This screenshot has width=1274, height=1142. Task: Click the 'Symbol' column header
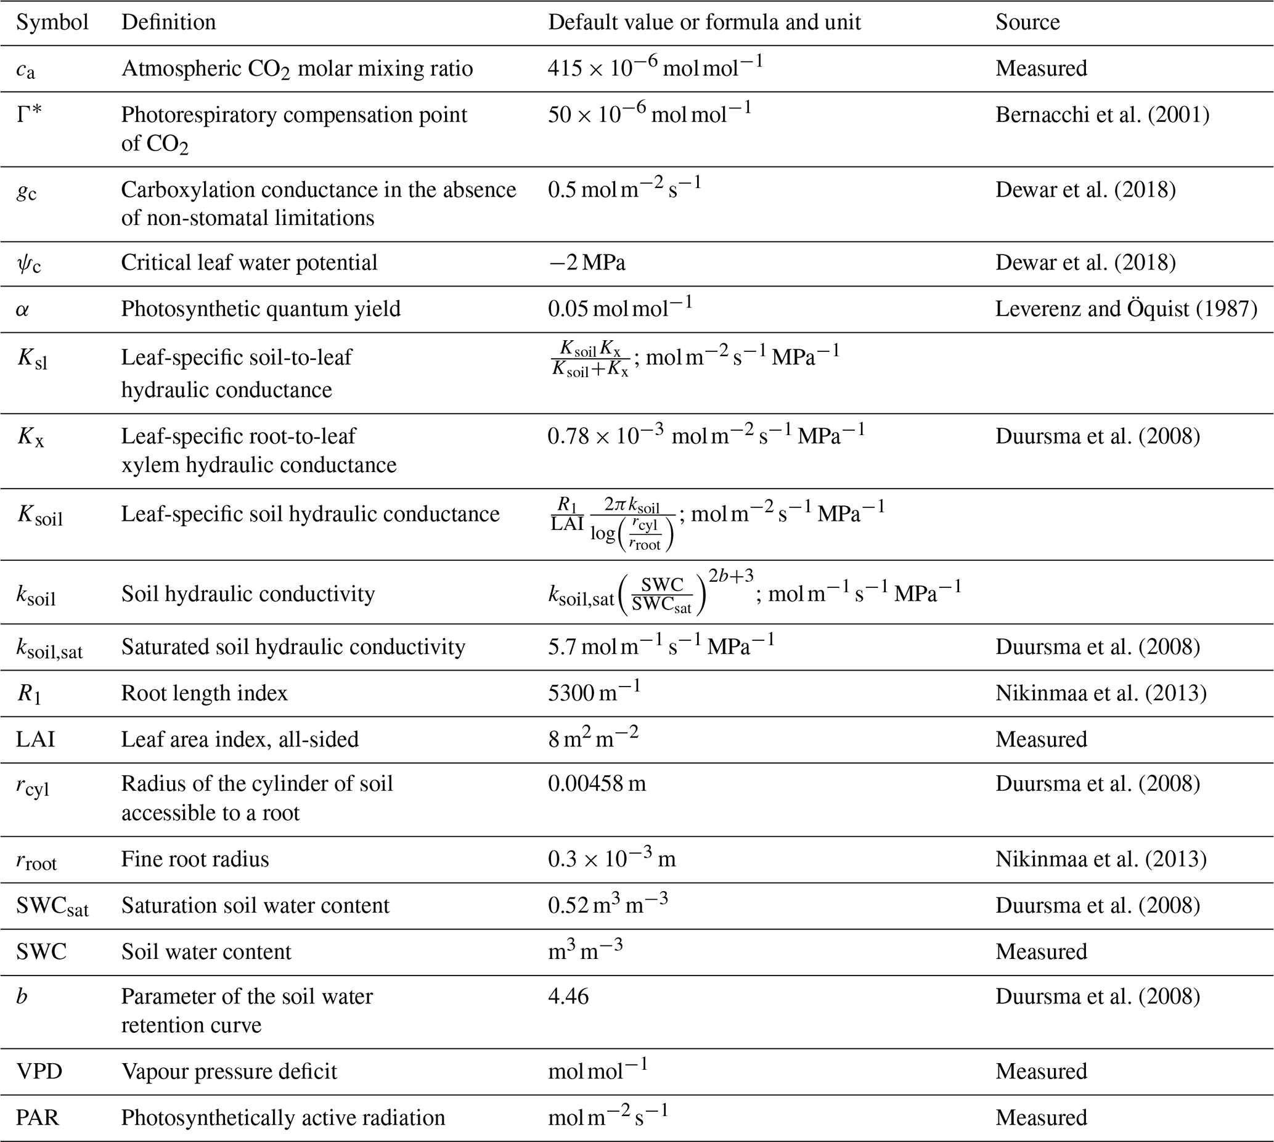(x=52, y=23)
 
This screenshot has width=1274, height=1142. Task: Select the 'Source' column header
(x=1027, y=23)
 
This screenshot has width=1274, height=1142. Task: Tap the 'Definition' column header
(x=168, y=23)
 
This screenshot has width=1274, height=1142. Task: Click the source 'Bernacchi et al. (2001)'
(x=1102, y=115)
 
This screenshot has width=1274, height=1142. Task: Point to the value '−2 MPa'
(x=587, y=263)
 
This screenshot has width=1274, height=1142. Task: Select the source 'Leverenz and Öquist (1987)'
(x=1126, y=309)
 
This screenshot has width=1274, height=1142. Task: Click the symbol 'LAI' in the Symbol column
(x=36, y=739)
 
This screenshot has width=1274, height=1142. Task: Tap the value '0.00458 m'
(x=596, y=784)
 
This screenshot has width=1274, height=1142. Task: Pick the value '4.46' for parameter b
(x=568, y=997)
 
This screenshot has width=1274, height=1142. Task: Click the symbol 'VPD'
(x=39, y=1071)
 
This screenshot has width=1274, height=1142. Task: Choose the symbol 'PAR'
(x=38, y=1117)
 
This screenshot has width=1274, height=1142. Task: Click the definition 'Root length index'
(x=204, y=693)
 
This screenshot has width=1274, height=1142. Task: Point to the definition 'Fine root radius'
(x=195, y=859)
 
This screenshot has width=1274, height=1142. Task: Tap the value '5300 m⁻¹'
(x=594, y=692)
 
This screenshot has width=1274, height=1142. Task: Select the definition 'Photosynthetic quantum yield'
(x=261, y=309)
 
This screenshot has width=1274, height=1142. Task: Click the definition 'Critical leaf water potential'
(x=249, y=263)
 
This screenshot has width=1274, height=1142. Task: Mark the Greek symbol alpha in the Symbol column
(x=23, y=309)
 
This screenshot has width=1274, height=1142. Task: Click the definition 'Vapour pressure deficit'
(x=229, y=1071)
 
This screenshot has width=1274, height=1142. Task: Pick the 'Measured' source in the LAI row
(x=1041, y=739)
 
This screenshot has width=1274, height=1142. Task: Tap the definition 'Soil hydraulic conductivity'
(x=248, y=593)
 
